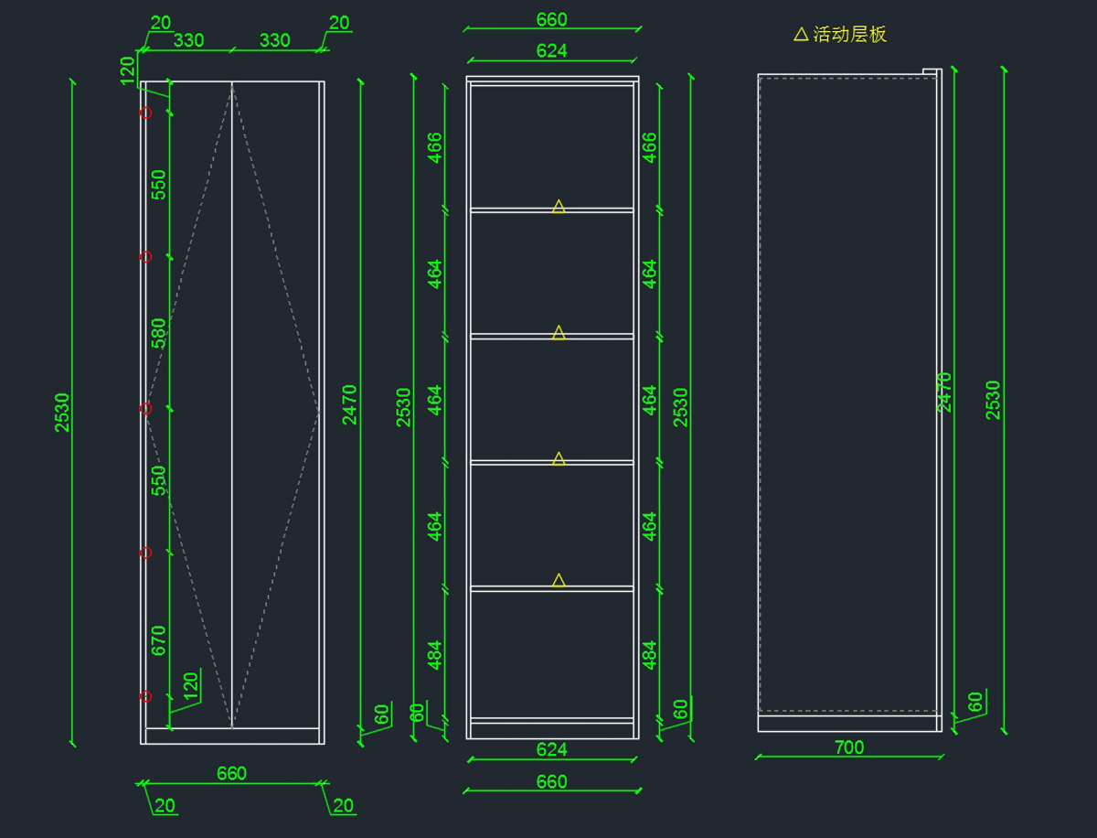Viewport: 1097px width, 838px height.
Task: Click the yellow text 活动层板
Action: (849, 35)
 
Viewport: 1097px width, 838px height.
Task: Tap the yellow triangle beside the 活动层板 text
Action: (801, 34)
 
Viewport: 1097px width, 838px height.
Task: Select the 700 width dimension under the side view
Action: (849, 747)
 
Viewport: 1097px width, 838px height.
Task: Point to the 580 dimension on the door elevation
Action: (159, 333)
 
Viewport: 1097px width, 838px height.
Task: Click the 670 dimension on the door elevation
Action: (159, 640)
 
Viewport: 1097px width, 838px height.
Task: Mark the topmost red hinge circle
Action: (145, 113)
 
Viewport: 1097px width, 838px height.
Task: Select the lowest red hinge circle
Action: (145, 697)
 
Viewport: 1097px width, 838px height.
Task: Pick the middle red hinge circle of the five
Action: (145, 408)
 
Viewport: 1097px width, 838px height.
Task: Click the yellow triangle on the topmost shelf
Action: (559, 207)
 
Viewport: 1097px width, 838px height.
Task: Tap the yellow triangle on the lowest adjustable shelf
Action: (559, 580)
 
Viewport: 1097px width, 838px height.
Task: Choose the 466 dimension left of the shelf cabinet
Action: (435, 147)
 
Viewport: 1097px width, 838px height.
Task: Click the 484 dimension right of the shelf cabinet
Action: (650, 654)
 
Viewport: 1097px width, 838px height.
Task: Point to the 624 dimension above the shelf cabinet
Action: (551, 51)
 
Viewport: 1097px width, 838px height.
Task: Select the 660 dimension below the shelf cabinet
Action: (551, 782)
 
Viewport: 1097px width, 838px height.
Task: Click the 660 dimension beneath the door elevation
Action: (231, 773)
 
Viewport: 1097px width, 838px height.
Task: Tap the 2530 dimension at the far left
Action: (62, 412)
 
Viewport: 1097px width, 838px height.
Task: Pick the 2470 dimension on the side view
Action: (945, 392)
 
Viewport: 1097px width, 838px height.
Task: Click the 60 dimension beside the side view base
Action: (975, 703)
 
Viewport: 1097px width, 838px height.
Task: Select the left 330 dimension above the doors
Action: (188, 40)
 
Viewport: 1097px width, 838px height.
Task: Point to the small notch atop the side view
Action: (932, 72)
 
